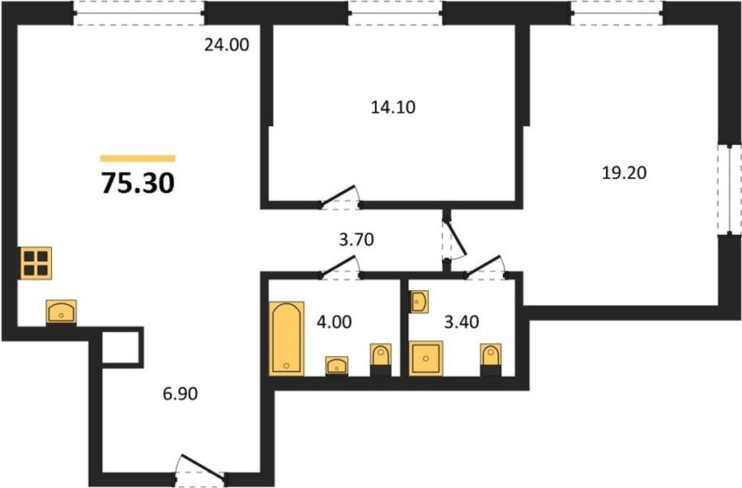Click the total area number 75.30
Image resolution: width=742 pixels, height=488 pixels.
pyautogui.click(x=138, y=183)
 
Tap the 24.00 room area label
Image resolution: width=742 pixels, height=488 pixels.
pyautogui.click(x=227, y=45)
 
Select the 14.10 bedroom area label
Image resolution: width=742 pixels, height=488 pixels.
pyautogui.click(x=393, y=107)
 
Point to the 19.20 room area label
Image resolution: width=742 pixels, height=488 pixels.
pyautogui.click(x=624, y=173)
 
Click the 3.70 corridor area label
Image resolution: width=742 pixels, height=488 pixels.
pyautogui.click(x=356, y=240)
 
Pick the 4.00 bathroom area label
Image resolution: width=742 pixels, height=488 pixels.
pyautogui.click(x=334, y=321)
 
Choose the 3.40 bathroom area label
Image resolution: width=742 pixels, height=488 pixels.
pyautogui.click(x=462, y=321)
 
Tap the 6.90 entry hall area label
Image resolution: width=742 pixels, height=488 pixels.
pyautogui.click(x=180, y=393)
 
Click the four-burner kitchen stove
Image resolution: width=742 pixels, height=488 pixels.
pyautogui.click(x=35, y=263)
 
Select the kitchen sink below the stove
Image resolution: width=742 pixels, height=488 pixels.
pyautogui.click(x=61, y=312)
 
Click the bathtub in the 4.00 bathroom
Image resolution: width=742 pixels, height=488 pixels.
pyautogui.click(x=286, y=339)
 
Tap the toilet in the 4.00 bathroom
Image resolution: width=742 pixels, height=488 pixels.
pyautogui.click(x=380, y=359)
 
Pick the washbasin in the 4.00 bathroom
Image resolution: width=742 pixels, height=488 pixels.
pyautogui.click(x=337, y=366)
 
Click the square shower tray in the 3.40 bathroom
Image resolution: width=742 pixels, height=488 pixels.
pyautogui.click(x=426, y=359)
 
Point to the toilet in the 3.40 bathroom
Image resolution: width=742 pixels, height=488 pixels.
pyautogui.click(x=491, y=359)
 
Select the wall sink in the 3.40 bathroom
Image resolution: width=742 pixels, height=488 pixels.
pyautogui.click(x=418, y=302)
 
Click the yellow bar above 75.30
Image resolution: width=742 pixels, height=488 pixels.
pyautogui.click(x=138, y=158)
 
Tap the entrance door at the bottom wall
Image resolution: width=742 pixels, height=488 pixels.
pyautogui.click(x=200, y=468)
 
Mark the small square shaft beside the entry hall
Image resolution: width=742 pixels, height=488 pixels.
pyautogui.click(x=121, y=347)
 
